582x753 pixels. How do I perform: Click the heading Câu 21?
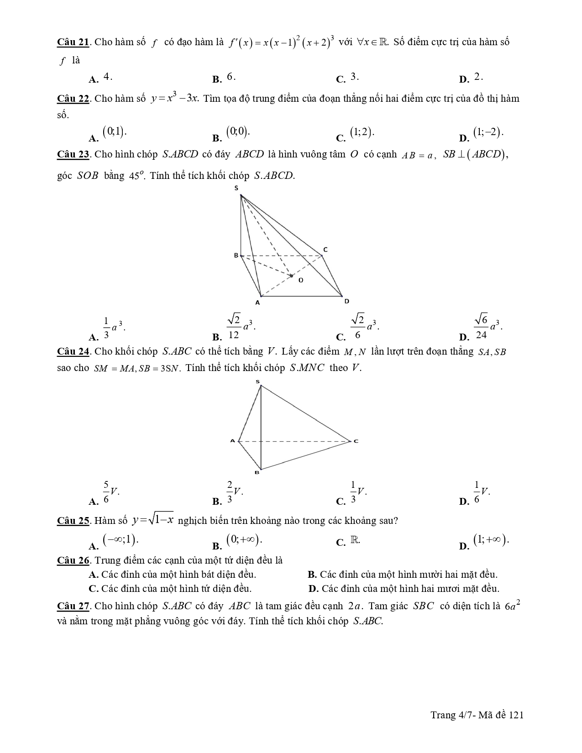click(73, 42)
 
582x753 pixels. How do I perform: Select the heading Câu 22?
click(73, 99)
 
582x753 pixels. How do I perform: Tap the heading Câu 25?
click(73, 521)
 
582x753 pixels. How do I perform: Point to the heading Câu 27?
click(73, 606)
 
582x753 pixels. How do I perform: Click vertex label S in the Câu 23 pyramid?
click(236, 188)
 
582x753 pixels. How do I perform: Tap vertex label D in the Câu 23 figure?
click(346, 301)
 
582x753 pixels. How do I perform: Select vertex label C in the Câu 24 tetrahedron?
click(356, 441)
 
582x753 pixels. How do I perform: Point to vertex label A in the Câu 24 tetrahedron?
click(232, 441)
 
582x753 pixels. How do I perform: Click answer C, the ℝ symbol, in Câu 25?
click(355, 540)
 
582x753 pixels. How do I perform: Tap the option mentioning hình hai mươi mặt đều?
click(404, 589)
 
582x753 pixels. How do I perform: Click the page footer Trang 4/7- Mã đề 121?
click(477, 715)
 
